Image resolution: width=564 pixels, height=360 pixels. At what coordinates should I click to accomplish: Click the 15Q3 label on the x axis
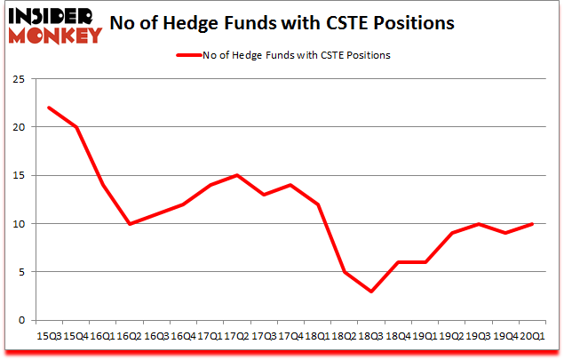point(50,336)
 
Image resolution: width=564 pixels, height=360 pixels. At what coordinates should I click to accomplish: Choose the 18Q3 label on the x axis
point(369,336)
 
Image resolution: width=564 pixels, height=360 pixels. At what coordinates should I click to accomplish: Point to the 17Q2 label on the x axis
point(236,336)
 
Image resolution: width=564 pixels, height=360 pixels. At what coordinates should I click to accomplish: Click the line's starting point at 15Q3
point(50,108)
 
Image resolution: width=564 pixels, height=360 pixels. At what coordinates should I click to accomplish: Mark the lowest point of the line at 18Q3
point(369,291)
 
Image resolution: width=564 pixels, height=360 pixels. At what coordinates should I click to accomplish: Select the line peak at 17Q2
point(236,175)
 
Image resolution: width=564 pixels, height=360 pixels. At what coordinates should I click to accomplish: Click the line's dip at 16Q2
point(130,223)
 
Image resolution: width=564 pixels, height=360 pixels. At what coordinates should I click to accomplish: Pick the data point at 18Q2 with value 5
point(343,272)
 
